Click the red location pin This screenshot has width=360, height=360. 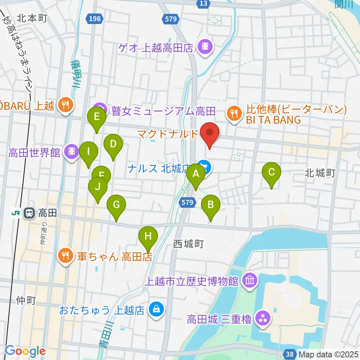(210, 134)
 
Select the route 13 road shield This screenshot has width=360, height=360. (203, 3)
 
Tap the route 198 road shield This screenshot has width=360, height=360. (95, 18)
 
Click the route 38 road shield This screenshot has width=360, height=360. (289, 354)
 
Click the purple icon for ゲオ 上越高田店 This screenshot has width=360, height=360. (205, 47)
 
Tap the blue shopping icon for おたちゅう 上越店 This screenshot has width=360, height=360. (154, 310)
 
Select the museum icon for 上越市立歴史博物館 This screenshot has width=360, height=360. (249, 280)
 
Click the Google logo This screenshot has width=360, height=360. (25, 351)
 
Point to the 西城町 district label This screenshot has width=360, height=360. (188, 244)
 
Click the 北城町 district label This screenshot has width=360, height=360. (319, 173)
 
